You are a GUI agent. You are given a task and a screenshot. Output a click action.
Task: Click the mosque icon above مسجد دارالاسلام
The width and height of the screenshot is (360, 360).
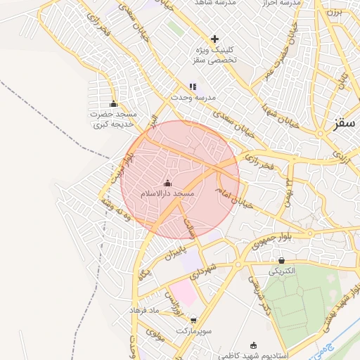coord(167,184)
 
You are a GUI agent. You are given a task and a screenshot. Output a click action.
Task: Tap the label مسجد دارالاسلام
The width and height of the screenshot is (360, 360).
coord(167,193)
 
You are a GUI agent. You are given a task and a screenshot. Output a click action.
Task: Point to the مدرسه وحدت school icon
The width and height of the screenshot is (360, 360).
coord(193,86)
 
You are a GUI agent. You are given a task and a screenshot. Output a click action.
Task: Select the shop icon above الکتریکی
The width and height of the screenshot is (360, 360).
coord(282,260)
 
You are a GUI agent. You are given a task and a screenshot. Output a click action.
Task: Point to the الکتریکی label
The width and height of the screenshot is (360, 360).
coord(282,270)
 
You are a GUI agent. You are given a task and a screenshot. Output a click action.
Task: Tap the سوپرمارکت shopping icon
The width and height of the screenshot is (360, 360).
coord(193,320)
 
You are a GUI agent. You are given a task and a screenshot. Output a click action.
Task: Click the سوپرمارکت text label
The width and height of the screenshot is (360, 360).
coord(194,330)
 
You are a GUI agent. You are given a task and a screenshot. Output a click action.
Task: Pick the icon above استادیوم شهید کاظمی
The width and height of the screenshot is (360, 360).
coord(254,345)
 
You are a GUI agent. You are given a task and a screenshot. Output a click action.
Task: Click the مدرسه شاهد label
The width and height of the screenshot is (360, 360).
coord(219,3)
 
